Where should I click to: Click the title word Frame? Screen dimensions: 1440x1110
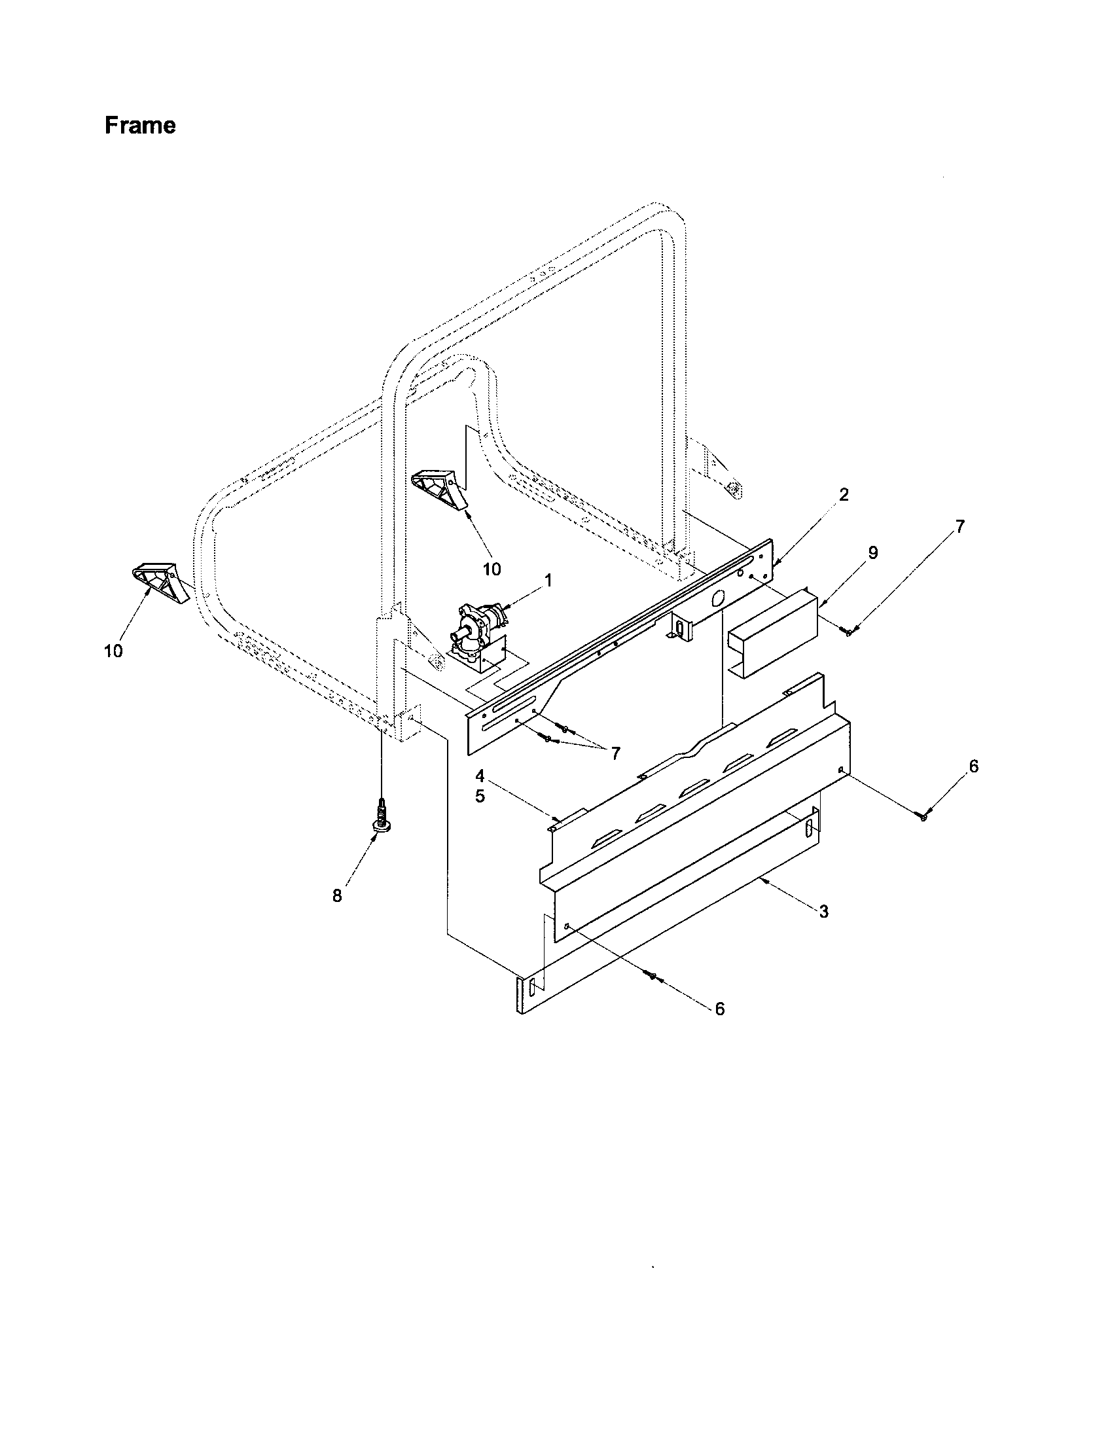click(140, 125)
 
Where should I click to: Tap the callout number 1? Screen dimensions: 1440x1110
click(547, 580)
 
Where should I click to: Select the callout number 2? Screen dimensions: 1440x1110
click(844, 494)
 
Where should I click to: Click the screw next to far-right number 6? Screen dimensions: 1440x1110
click(923, 817)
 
